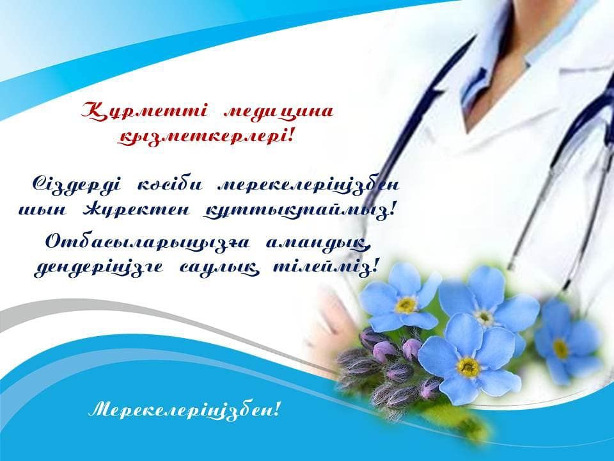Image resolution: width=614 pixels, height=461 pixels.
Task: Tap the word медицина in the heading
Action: pos(278,111)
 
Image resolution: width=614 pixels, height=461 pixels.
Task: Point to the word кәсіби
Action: pos(169,186)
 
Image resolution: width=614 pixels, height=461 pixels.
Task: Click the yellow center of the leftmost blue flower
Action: pos(405,305)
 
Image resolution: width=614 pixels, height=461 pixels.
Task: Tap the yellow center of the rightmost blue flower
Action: pos(561,348)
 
